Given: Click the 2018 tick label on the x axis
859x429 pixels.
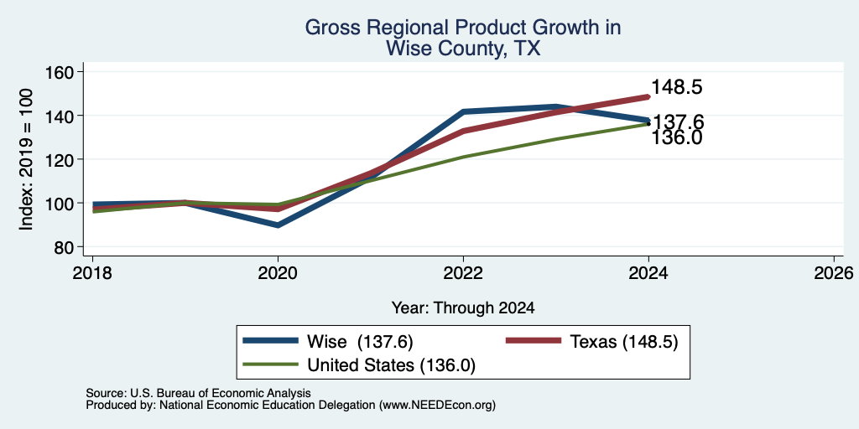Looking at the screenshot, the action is tap(92, 272).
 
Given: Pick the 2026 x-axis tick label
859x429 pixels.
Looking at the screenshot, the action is tap(835, 272).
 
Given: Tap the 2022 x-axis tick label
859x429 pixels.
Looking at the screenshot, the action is tap(463, 272).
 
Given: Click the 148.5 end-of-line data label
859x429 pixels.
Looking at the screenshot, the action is tap(677, 87).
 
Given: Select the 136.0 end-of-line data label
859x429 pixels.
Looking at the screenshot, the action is tap(677, 138).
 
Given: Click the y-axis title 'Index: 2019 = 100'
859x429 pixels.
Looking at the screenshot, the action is tap(26, 159).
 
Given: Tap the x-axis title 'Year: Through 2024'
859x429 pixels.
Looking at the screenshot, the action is tap(463, 308).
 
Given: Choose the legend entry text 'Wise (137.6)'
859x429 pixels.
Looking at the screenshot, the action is tap(360, 342).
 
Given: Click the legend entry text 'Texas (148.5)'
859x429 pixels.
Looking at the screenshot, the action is tap(624, 342).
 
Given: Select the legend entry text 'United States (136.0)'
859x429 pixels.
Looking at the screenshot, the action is tap(391, 365).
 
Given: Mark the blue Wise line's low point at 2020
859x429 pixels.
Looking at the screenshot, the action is tap(279, 225).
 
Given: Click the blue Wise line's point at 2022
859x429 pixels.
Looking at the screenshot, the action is tap(463, 111).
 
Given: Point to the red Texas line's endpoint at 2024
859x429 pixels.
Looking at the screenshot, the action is tap(648, 97).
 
